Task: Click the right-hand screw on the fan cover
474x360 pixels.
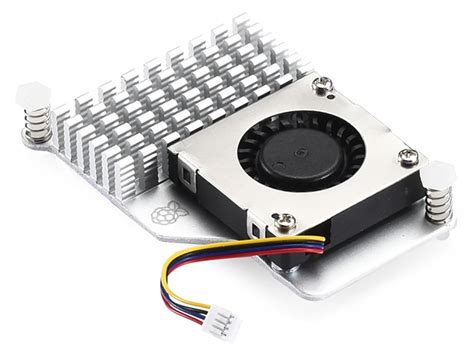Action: [407, 155]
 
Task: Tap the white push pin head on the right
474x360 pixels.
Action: [442, 173]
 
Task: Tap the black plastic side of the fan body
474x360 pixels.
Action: [215, 200]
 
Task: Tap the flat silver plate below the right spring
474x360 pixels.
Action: [420, 240]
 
